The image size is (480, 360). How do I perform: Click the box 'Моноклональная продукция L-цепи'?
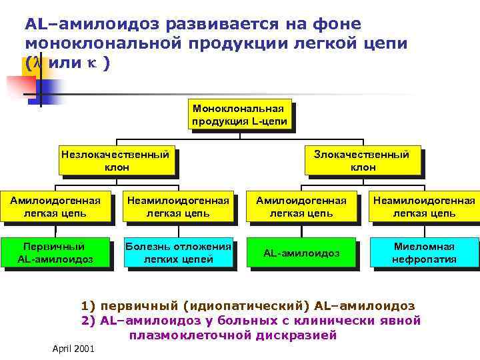pos(239,115)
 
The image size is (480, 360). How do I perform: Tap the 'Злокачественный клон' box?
pos(363,160)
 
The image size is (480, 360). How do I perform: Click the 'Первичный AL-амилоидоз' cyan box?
pos(55,253)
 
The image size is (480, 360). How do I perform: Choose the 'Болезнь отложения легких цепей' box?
pos(179,253)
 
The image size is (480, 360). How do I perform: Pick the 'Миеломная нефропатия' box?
pos(423,253)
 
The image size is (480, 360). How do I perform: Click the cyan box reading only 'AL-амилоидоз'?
pos(301,253)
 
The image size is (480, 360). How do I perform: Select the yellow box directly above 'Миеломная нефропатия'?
pos(423,207)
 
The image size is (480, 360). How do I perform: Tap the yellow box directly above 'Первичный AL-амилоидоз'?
pos(55,207)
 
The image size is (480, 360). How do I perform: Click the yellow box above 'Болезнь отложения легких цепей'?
pos(179,207)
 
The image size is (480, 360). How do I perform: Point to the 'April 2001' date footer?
pos(73,349)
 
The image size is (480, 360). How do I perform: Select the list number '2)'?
pos(88,321)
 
